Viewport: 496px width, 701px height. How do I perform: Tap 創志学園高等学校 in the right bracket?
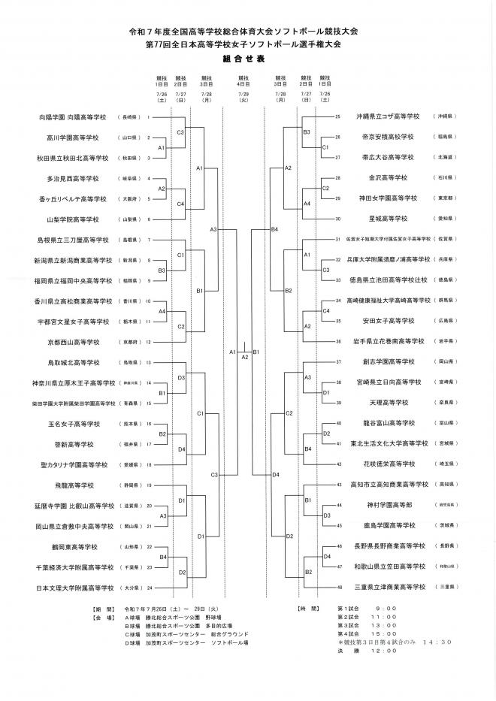point(387,361)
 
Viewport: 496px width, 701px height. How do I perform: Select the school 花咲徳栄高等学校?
point(387,464)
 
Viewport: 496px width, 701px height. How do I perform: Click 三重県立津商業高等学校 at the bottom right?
point(387,586)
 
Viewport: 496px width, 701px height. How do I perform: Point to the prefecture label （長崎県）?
point(129,118)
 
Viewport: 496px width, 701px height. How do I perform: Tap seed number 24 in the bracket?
point(150,587)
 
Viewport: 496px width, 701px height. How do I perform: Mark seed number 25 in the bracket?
point(338,117)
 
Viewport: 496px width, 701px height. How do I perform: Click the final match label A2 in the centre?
point(244,357)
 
